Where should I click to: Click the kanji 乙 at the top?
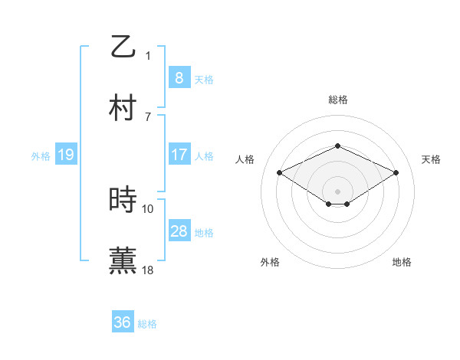pos(123,46)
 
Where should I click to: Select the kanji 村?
pos(123,109)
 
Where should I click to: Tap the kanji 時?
pos(123,200)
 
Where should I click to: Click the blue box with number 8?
pos(179,78)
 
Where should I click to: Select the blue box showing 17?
pos(179,155)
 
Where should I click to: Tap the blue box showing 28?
pos(179,231)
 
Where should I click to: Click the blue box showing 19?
pos(65,155)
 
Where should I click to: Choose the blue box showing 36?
pos(123,322)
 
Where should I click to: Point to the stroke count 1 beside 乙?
pos(148,55)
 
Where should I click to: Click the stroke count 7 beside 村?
pos(148,116)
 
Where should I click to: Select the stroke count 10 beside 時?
pos(148,208)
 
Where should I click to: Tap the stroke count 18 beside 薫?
pos(148,270)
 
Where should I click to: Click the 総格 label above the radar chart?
pos(337,100)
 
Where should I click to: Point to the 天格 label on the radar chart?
pos(431,159)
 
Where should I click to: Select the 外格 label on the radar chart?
pos(270,262)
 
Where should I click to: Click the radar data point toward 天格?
pos(396,172)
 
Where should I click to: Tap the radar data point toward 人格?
pos(280,172)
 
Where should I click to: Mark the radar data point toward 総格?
pos(337,146)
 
